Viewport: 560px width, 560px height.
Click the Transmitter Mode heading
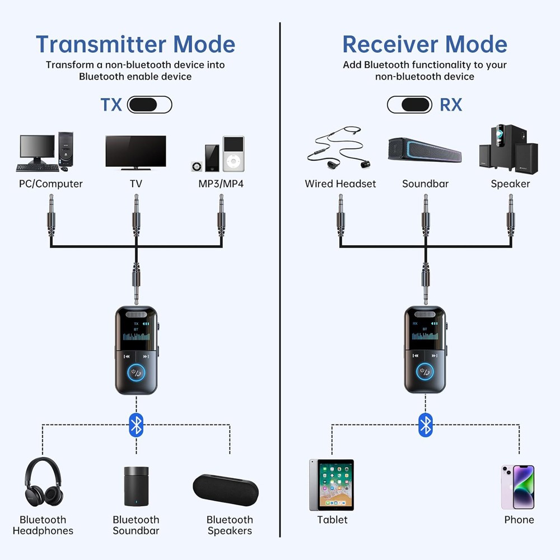[x=136, y=44]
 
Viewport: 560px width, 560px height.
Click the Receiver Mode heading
[x=424, y=44]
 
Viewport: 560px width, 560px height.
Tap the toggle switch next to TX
[x=150, y=105]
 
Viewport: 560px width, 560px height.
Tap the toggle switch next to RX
[x=409, y=105]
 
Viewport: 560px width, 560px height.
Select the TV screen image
[x=136, y=152]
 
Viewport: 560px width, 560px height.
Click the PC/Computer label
[x=51, y=184]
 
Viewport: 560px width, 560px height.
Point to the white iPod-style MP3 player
[x=234, y=153]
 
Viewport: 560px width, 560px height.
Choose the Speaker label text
[x=510, y=184]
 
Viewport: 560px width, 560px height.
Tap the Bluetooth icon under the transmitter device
[x=136, y=425]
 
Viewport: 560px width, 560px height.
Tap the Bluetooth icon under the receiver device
[x=426, y=425]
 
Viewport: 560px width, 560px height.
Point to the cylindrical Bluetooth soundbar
[x=136, y=486]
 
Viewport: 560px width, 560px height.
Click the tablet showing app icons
[x=332, y=485]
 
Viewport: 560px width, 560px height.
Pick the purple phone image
[x=517, y=487]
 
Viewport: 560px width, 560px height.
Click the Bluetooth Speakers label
[x=230, y=525]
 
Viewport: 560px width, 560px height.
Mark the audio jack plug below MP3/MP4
[x=221, y=216]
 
